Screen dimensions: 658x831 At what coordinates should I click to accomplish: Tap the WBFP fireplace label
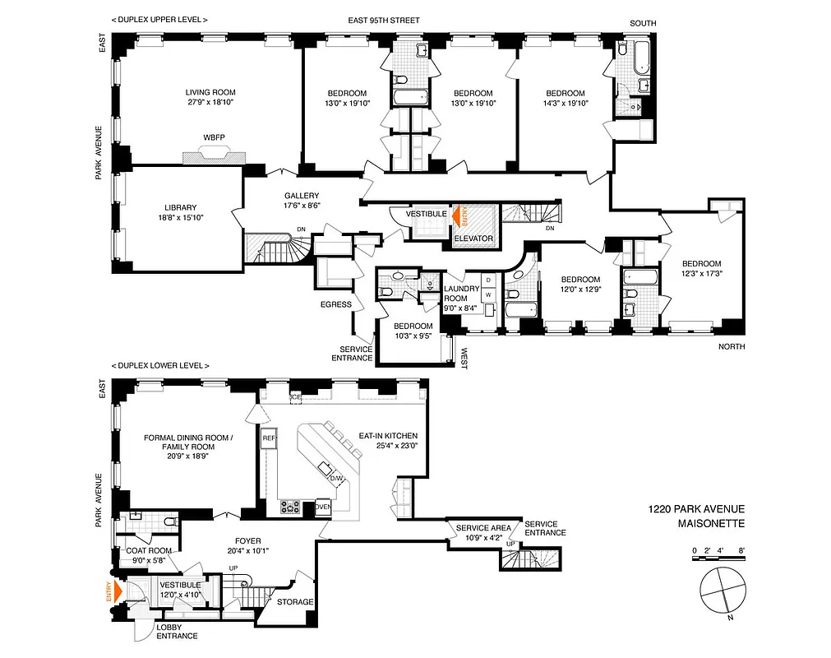tap(215, 137)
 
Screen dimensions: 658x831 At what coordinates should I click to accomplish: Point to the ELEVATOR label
tap(473, 239)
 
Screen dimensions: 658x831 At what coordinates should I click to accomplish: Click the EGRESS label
tap(336, 304)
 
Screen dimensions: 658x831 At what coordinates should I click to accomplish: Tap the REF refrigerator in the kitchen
tap(268, 439)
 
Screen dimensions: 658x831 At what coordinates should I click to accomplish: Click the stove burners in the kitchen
tap(290, 507)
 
